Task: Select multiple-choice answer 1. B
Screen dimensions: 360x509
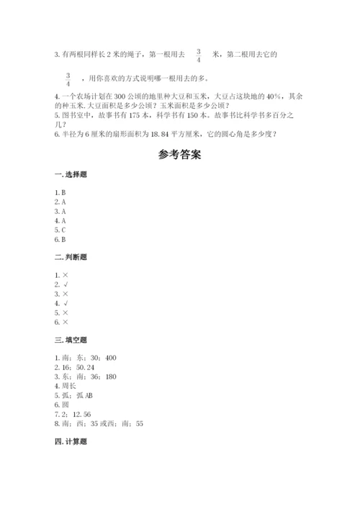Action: coord(60,194)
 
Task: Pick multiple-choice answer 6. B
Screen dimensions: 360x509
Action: coord(60,240)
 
